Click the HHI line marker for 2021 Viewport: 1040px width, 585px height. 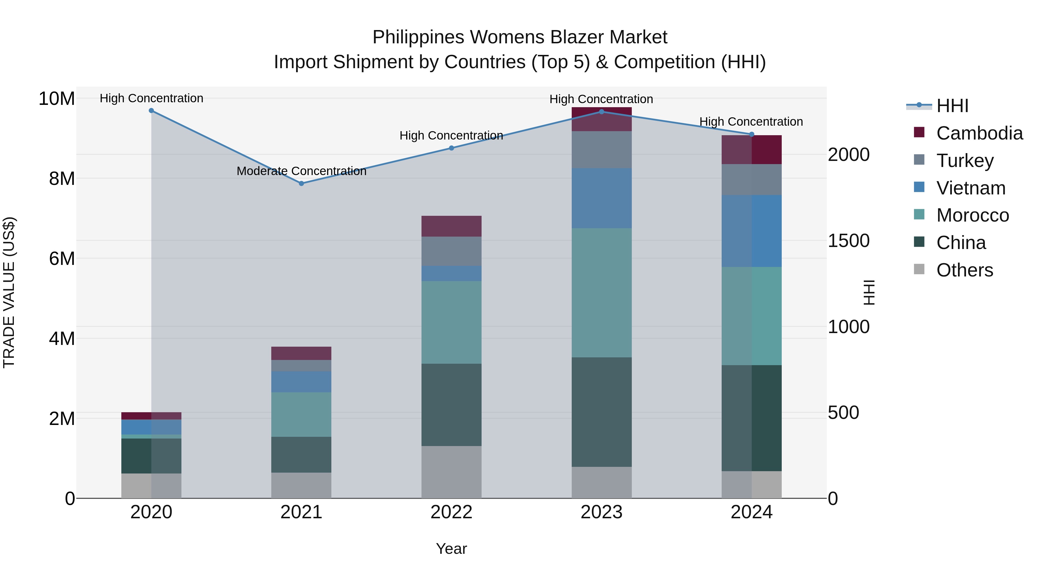(x=301, y=183)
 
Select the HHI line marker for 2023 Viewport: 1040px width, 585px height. (x=601, y=112)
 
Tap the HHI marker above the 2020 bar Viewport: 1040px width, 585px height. (x=151, y=111)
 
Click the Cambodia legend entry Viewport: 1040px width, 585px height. (x=979, y=133)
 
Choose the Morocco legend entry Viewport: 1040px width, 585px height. (x=972, y=215)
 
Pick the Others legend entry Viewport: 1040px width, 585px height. (x=964, y=270)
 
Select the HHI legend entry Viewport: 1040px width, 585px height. (x=952, y=106)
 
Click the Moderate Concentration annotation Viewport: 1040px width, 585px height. (x=301, y=171)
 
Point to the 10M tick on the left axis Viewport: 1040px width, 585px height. (x=57, y=99)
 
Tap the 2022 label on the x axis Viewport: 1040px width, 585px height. (x=451, y=512)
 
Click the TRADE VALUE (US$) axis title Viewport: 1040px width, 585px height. (x=9, y=292)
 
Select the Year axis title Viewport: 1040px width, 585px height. (x=451, y=549)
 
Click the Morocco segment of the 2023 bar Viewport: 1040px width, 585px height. (x=601, y=293)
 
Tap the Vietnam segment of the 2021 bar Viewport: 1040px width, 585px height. (x=301, y=382)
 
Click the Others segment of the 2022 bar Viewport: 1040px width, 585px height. (x=451, y=472)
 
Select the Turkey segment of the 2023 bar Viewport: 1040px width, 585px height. (x=601, y=150)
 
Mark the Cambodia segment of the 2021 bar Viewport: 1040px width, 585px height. (x=301, y=353)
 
